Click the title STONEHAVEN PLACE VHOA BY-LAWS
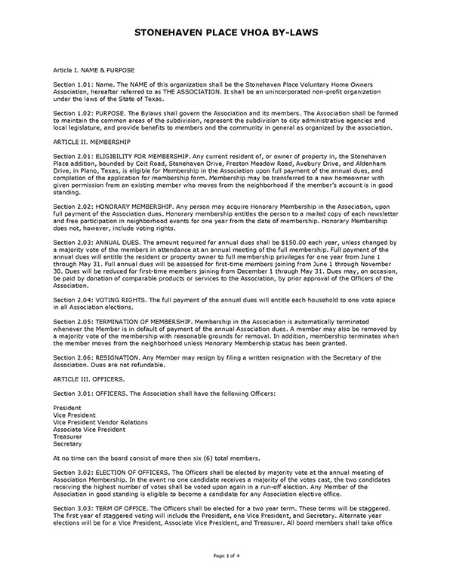(x=226, y=33)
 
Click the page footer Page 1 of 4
(x=226, y=576)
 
